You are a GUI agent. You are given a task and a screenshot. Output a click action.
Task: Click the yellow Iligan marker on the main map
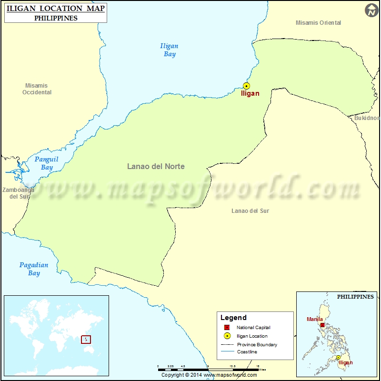[246, 86]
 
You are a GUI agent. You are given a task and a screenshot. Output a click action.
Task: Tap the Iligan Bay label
[170, 50]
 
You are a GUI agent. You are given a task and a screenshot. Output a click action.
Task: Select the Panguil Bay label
[47, 163]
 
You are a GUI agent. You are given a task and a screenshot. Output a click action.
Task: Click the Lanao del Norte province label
[156, 167]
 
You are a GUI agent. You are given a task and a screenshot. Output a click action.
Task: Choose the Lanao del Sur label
[250, 211]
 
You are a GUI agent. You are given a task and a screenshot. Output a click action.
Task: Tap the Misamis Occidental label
[37, 89]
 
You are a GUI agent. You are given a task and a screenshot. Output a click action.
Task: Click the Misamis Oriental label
[318, 23]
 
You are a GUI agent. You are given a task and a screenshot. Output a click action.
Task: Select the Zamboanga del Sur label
[18, 193]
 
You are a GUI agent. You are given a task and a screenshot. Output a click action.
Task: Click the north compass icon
[372, 10]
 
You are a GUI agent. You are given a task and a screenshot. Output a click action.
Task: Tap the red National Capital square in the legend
[227, 328]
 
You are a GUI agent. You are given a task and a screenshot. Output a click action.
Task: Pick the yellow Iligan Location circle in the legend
[227, 336]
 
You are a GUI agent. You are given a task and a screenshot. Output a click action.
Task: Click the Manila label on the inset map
[315, 319]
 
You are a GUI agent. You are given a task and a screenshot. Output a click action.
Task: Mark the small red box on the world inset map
[86, 340]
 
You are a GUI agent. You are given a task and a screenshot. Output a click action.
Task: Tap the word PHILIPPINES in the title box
[56, 18]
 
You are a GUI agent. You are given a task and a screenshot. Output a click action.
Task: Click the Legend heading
[233, 318]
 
